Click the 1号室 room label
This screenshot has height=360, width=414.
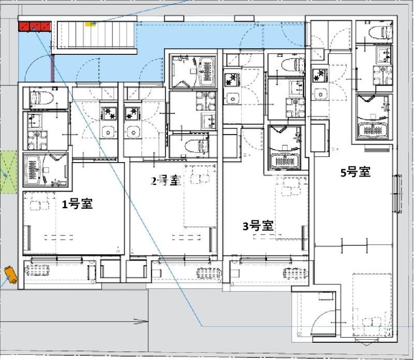coord(77,204)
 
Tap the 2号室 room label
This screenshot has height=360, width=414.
coord(166,181)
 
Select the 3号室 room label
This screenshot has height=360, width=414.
coord(258,226)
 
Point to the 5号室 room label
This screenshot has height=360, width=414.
coord(356,172)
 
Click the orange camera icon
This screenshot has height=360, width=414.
coord(11,275)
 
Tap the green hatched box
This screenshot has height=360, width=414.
coord(8,172)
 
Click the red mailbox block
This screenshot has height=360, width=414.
coord(35,26)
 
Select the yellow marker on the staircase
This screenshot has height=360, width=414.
coord(90,24)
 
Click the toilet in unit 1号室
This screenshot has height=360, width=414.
coord(42,98)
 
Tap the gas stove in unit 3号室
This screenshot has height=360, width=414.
coord(232,79)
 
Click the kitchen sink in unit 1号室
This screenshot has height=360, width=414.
coord(108,132)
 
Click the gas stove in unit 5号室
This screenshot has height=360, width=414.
coord(320,75)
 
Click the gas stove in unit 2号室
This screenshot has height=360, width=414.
coord(132,113)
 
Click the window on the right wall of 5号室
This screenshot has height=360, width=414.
coord(398,193)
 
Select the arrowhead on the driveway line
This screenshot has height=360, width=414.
coord(141,322)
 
